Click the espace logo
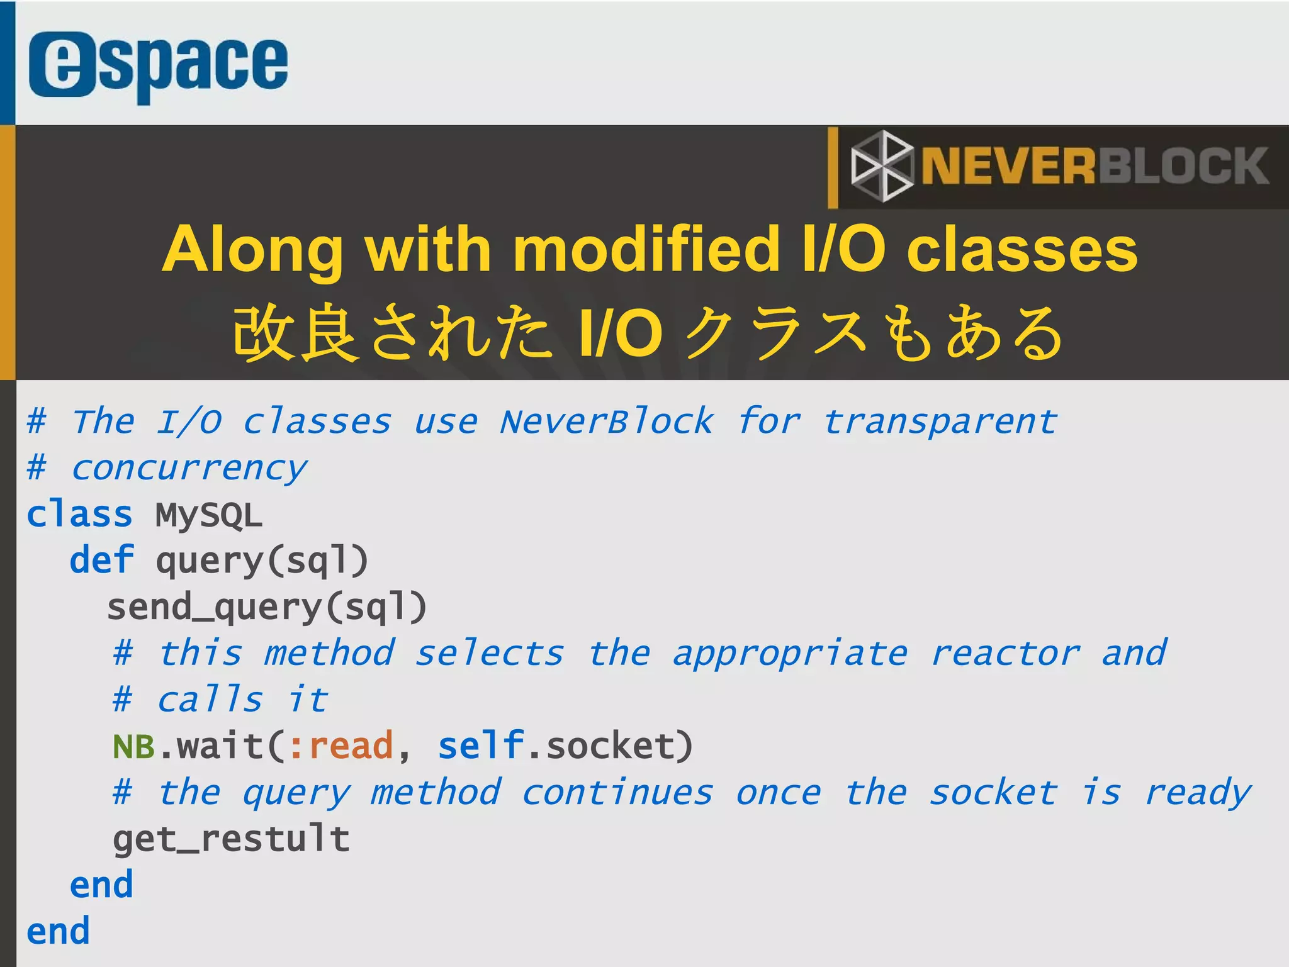tap(158, 65)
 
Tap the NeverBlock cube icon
tap(881, 166)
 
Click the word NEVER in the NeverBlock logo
tap(1008, 167)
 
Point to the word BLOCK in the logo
tap(1183, 167)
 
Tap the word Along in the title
tap(252, 250)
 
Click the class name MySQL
tap(208, 515)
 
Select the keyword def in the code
tap(101, 561)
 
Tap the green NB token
tap(133, 747)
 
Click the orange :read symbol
tap(341, 747)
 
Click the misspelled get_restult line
tap(231, 839)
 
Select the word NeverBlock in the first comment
tap(607, 422)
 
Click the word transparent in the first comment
tap(940, 422)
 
